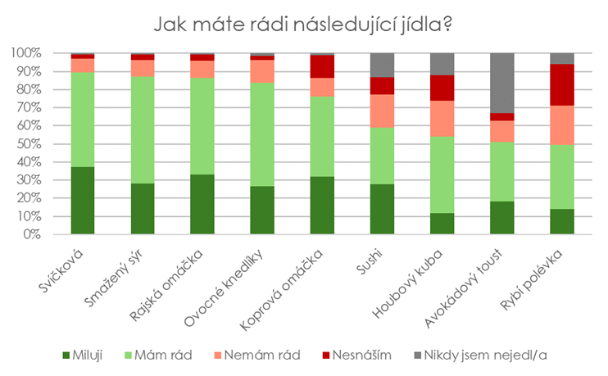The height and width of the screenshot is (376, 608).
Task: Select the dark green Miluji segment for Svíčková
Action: pos(83,200)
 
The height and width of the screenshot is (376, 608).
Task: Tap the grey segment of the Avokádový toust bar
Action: pos(501,83)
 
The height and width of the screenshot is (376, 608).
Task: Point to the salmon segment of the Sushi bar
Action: pos(382,111)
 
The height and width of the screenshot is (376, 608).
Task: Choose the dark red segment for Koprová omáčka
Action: pos(322,66)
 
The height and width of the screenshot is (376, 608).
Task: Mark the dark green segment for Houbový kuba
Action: pos(442,224)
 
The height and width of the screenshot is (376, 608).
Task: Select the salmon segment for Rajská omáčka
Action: pos(202,69)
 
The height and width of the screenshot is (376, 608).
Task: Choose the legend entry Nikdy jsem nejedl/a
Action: pos(483,355)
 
